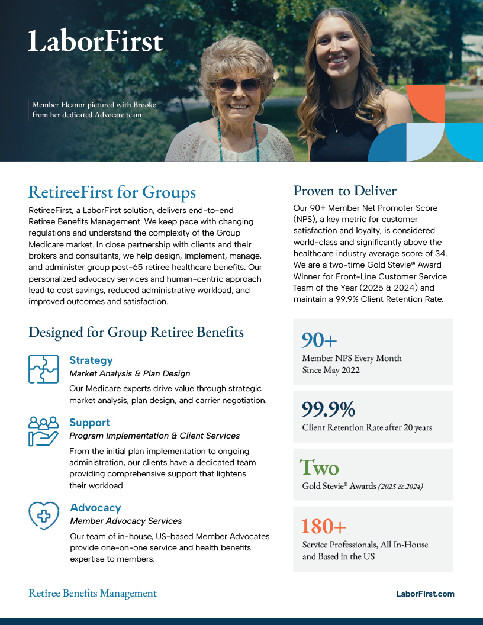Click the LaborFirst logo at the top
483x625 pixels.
point(95,41)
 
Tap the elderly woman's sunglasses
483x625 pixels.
point(238,84)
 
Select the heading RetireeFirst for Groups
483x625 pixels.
point(112,192)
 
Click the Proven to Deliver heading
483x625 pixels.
point(344,191)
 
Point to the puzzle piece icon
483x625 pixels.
point(43,369)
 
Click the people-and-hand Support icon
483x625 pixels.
point(43,430)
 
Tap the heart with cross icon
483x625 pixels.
point(44,515)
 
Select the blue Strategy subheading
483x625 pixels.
point(91,360)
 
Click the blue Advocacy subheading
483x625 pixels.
point(95,508)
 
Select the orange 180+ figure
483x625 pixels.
point(324,526)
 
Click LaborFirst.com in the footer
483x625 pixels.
point(425,594)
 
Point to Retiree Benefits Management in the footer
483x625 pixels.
point(92,593)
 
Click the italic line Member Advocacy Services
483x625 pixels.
point(125,521)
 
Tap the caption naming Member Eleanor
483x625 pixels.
point(94,109)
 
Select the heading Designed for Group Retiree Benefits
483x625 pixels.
point(136,332)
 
